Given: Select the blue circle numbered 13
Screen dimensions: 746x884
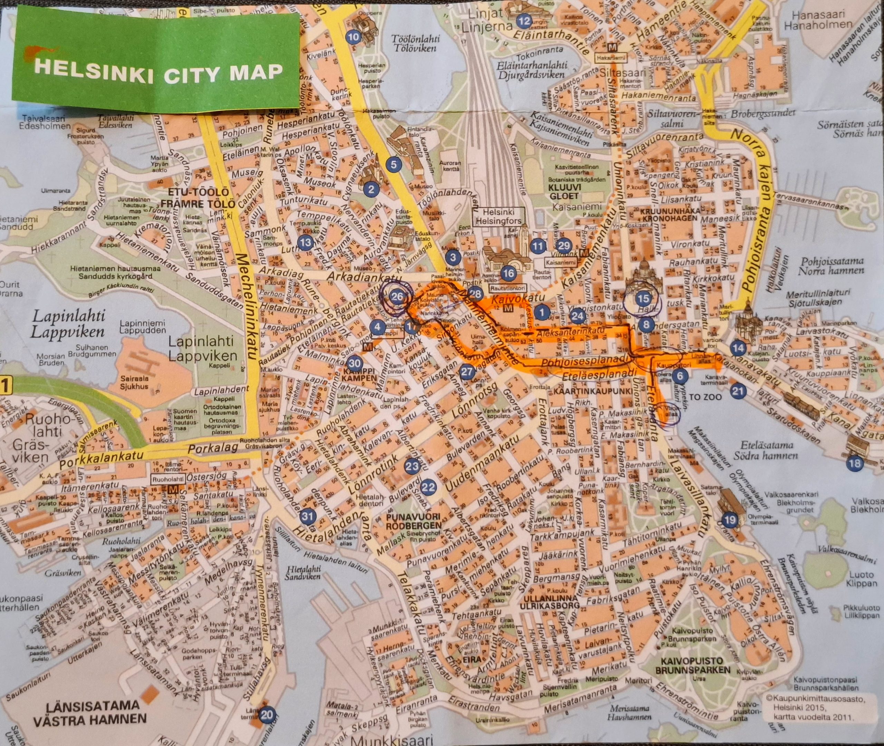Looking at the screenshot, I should [x=305, y=242].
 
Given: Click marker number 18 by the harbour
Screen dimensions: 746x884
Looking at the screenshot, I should [x=854, y=463].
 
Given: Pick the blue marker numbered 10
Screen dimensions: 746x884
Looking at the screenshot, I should [x=353, y=37].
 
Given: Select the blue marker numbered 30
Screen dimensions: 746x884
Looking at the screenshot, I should [x=355, y=363].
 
